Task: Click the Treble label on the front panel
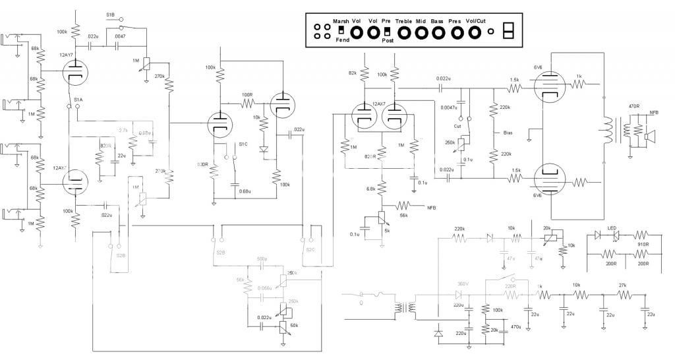[x=403, y=21]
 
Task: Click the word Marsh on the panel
[x=341, y=21]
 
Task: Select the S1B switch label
[x=111, y=15]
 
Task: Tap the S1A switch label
[x=78, y=100]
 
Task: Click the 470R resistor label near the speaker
[x=635, y=106]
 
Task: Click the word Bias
[x=508, y=133]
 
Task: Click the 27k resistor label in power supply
[x=623, y=285]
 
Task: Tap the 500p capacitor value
[x=262, y=259]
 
